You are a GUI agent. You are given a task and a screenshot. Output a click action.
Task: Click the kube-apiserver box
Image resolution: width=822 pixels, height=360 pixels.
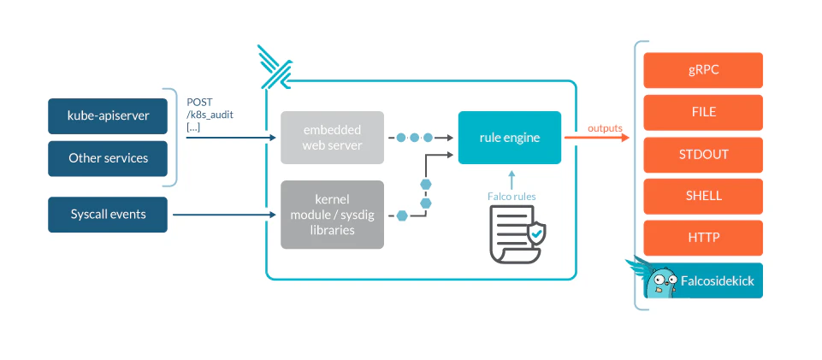pyautogui.click(x=108, y=115)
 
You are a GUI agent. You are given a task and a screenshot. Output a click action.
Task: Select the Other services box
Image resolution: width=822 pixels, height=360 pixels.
pyautogui.click(x=108, y=158)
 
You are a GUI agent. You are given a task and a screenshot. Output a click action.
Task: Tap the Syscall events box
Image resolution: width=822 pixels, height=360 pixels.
pyautogui.click(x=108, y=215)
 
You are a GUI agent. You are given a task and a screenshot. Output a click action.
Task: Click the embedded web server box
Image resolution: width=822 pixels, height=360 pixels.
pyautogui.click(x=333, y=138)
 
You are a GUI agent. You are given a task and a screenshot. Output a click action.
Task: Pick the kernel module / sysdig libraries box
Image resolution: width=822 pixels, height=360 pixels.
pyautogui.click(x=333, y=215)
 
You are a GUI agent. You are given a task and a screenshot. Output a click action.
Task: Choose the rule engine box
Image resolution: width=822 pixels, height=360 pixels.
pyautogui.click(x=510, y=138)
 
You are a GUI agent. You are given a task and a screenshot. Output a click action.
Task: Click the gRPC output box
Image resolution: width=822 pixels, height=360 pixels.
pyautogui.click(x=703, y=70)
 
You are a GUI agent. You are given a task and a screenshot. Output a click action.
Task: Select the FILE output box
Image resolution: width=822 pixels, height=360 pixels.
pyautogui.click(x=703, y=112)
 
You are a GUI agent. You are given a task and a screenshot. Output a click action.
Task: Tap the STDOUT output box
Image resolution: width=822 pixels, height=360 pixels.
pyautogui.click(x=703, y=155)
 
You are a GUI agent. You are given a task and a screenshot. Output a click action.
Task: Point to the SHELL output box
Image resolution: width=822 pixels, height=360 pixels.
pyautogui.click(x=703, y=197)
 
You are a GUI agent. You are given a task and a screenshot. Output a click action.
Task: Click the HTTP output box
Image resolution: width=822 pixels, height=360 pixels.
pyautogui.click(x=703, y=238)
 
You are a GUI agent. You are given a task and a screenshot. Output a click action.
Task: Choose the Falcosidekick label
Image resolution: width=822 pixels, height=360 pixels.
pyautogui.click(x=717, y=280)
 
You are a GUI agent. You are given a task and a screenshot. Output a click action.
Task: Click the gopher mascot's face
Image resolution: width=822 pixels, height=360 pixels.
pyautogui.click(x=661, y=282)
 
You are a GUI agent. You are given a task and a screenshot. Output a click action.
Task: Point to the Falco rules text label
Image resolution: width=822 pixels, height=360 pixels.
pyautogui.click(x=512, y=197)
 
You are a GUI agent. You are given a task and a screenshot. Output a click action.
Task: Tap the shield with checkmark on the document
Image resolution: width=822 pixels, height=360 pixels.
pyautogui.click(x=536, y=233)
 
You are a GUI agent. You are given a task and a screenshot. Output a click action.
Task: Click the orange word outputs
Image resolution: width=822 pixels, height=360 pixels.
pyautogui.click(x=605, y=128)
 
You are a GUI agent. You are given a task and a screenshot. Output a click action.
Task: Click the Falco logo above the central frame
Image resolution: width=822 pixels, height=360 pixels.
pyautogui.click(x=275, y=68)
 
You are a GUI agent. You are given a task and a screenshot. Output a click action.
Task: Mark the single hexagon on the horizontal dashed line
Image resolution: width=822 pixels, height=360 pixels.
pyautogui.click(x=402, y=215)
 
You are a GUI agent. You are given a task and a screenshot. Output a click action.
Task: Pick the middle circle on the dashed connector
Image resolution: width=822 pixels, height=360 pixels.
pyautogui.click(x=415, y=138)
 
